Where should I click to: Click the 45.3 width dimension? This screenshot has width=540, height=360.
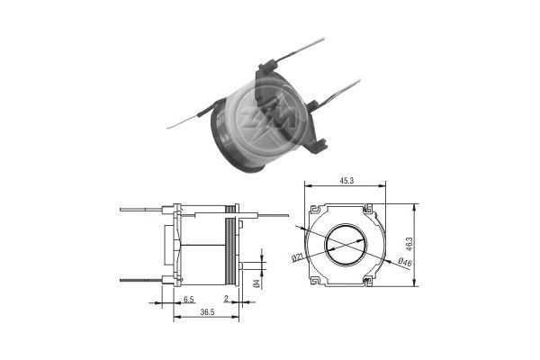[346, 181]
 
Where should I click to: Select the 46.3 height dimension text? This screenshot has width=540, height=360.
[410, 243]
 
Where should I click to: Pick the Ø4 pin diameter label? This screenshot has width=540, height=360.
[257, 283]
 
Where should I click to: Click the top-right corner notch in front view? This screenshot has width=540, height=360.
[369, 210]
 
